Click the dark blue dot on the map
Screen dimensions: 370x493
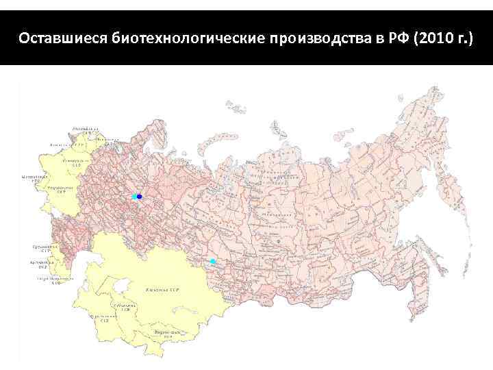click(x=140, y=197)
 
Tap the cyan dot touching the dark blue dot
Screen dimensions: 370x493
click(x=134, y=197)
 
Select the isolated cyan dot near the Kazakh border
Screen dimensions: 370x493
click(x=213, y=262)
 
